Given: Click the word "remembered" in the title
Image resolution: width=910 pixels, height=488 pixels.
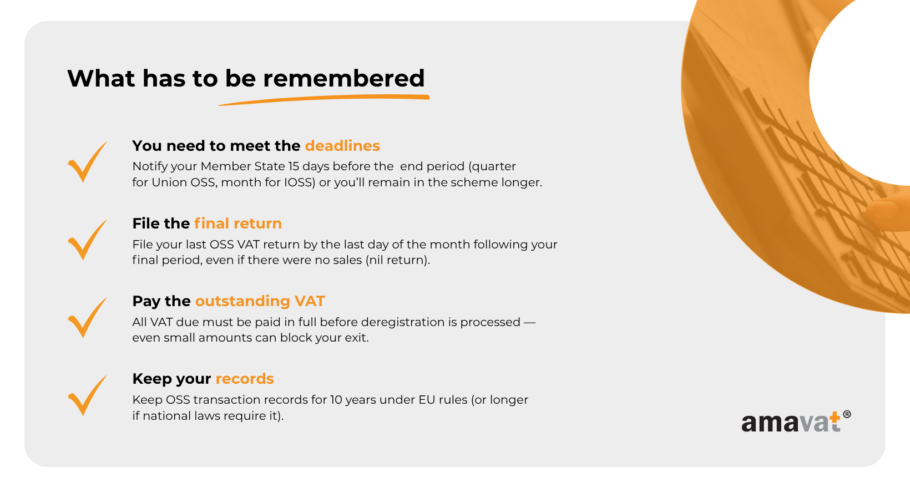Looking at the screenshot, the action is [343, 78].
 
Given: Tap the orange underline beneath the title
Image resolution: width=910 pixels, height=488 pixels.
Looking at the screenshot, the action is [324, 99].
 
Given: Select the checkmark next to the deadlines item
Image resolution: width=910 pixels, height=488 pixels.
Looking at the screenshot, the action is [87, 162].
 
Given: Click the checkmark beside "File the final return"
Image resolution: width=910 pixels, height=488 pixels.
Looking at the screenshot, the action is [87, 240].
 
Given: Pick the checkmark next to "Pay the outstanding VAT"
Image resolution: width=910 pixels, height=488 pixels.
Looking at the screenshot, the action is [87, 318].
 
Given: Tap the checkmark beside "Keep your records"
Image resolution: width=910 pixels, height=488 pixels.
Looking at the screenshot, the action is [87, 395].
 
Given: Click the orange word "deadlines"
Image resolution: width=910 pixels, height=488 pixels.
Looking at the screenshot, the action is [342, 146].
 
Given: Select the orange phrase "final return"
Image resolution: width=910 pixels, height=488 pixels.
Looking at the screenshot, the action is [238, 223].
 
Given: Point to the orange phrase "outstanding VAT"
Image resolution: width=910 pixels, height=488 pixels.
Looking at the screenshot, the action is [260, 301].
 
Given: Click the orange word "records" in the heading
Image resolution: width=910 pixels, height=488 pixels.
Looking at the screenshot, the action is [245, 379].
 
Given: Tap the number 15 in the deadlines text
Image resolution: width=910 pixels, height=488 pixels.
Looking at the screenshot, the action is [294, 166].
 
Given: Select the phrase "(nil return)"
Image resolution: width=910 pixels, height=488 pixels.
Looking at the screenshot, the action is [398, 260].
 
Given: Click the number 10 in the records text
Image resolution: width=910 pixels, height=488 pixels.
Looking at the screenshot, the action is [336, 400].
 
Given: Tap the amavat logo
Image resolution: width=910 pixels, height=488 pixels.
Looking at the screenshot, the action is [796, 421].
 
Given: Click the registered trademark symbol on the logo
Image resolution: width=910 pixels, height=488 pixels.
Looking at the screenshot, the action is [847, 414].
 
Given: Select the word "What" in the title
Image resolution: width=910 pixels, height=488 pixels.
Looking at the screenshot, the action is [101, 78].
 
